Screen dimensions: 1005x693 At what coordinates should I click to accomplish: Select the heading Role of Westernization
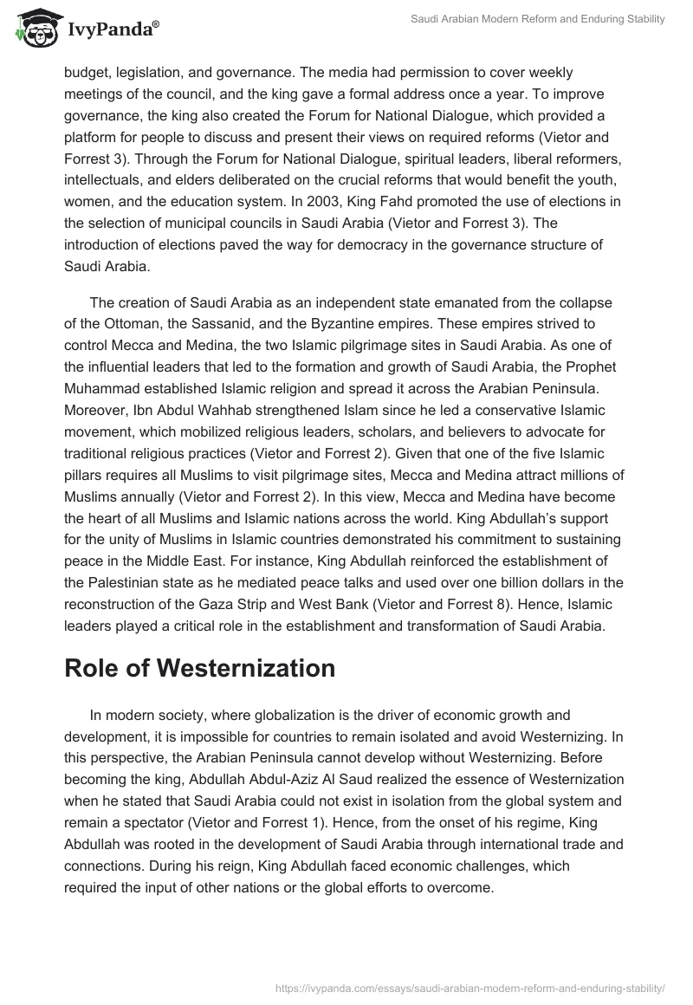pyautogui.click(x=199, y=668)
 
